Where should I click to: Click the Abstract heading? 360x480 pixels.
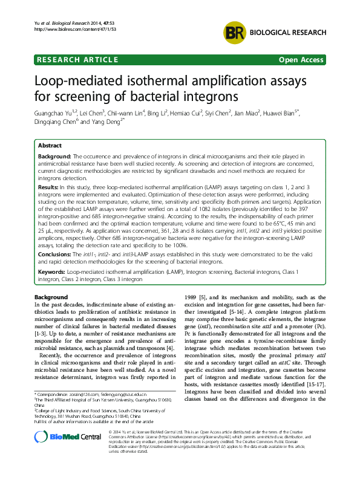[x=49, y=146]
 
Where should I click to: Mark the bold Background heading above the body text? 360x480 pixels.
[x=51, y=297]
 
